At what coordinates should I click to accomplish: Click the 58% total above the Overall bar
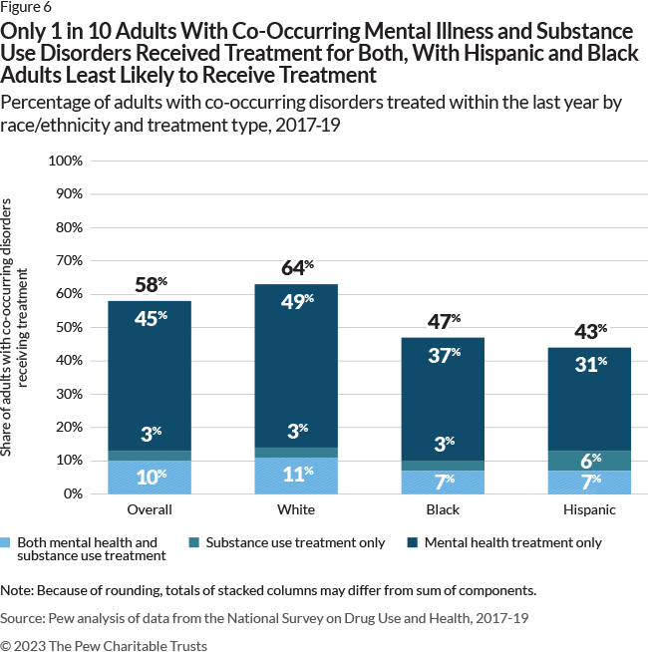point(150,285)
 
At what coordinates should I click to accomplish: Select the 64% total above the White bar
point(296,268)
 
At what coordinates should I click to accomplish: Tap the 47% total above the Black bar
point(444,322)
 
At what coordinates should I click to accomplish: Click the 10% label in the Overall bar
point(150,478)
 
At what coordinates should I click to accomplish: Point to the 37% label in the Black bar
point(444,356)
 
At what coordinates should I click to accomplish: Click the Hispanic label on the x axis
point(590,509)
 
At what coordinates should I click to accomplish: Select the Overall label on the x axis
point(150,509)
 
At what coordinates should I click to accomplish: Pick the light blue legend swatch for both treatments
point(7,543)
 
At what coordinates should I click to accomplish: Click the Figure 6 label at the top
point(25,7)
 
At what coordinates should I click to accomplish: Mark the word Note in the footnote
point(16,589)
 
